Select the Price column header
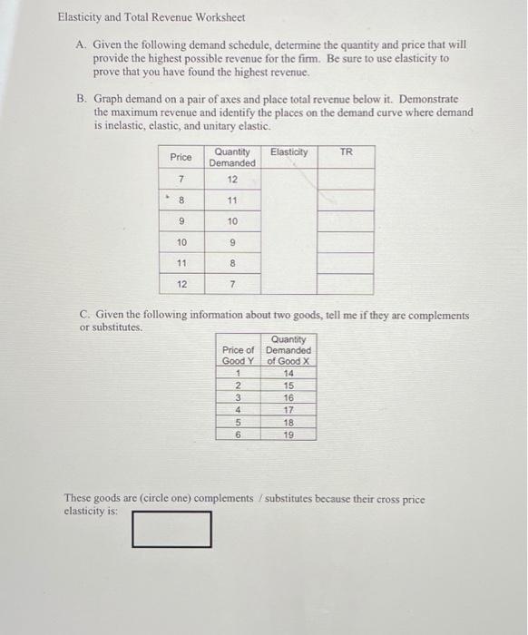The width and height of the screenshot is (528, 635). pyautogui.click(x=181, y=157)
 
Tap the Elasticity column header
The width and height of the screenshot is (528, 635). pyautogui.click(x=288, y=151)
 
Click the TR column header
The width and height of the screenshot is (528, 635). pyautogui.click(x=346, y=151)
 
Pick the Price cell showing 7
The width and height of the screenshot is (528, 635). pyautogui.click(x=181, y=179)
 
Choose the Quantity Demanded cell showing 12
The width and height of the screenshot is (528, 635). pyautogui.click(x=232, y=179)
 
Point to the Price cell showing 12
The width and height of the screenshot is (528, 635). pyautogui.click(x=181, y=284)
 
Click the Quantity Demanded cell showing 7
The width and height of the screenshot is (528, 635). pyautogui.click(x=232, y=284)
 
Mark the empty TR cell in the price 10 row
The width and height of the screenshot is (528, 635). pyautogui.click(x=346, y=242)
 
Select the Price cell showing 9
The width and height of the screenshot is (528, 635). pyautogui.click(x=181, y=221)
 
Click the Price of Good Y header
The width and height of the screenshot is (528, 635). pyautogui.click(x=238, y=356)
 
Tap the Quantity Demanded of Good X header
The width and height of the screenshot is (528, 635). pyautogui.click(x=288, y=350)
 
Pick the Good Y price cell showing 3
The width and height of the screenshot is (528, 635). pyautogui.click(x=237, y=397)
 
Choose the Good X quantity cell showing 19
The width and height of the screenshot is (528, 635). pyautogui.click(x=288, y=435)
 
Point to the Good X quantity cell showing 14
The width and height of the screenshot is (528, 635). pyautogui.click(x=288, y=373)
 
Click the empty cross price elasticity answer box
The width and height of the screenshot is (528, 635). pyautogui.click(x=171, y=529)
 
